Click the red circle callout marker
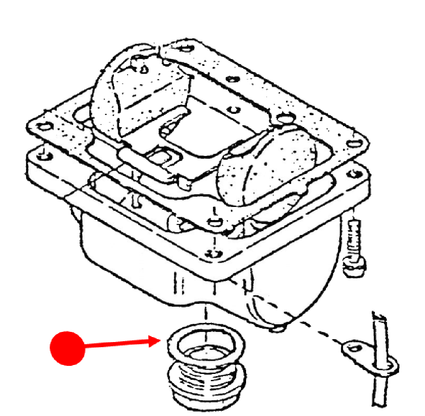(67, 348)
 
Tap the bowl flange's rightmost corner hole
(352, 174)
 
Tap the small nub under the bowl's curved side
(278, 328)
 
